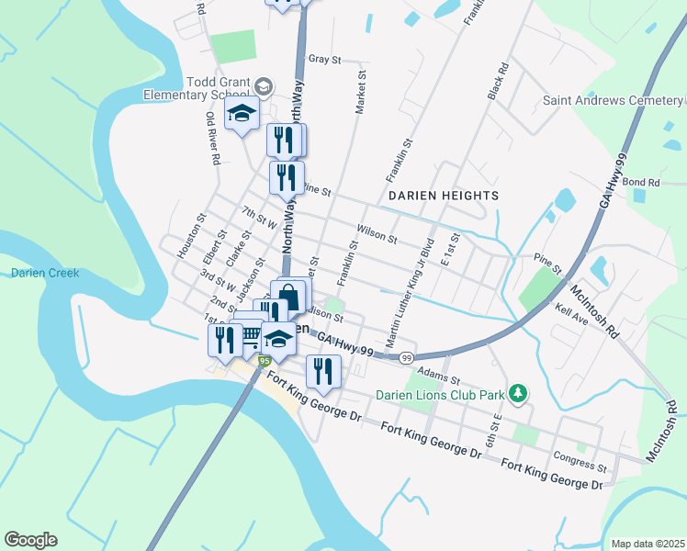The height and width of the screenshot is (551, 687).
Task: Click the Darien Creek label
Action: tap(45, 273)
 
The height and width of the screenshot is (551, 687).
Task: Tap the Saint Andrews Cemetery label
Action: tap(611, 100)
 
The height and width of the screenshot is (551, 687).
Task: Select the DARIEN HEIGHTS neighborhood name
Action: tap(443, 196)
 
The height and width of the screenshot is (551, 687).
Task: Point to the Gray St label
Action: tap(324, 59)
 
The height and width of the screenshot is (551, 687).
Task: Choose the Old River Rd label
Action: tap(213, 139)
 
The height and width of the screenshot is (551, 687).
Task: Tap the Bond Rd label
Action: tap(641, 183)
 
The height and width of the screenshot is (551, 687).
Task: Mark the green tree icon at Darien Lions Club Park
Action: tap(518, 394)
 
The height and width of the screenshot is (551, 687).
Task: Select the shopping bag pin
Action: tap(288, 298)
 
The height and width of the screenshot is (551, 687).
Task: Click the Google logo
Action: tap(30, 540)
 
